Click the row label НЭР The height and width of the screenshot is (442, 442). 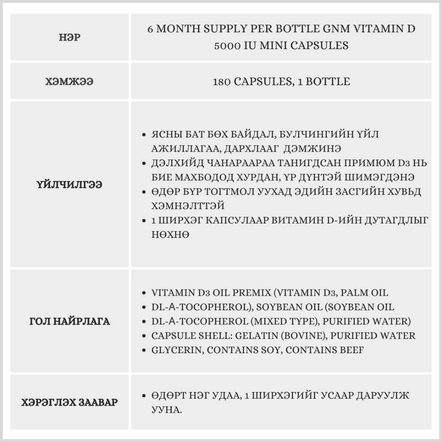(x=69, y=38)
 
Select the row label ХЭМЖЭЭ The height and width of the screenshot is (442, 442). (x=69, y=82)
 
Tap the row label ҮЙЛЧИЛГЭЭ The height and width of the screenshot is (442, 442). (x=69, y=185)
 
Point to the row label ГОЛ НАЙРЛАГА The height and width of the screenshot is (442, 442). (x=69, y=321)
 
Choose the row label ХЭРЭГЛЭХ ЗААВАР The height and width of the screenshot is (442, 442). (x=69, y=403)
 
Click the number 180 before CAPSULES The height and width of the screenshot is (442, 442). (x=222, y=82)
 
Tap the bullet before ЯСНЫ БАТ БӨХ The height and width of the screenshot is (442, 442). (x=144, y=134)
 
